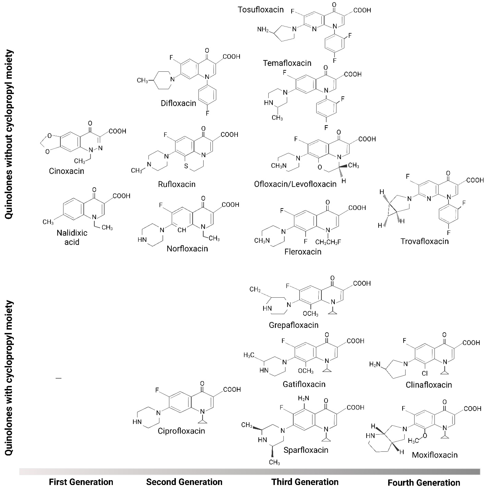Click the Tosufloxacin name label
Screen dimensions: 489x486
pos(261,10)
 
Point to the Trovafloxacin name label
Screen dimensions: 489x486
pos(425,241)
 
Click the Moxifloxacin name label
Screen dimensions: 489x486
pos(435,455)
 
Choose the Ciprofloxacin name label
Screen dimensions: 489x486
pos(181,431)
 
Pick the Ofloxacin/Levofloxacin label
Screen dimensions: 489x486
pos(295,184)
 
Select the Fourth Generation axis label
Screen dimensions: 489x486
pos(424,482)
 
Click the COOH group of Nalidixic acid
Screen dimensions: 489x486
pos(121,196)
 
